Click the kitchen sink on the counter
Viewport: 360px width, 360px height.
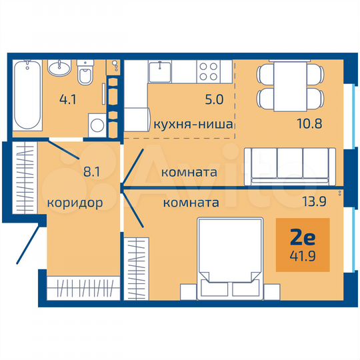pos(161,69)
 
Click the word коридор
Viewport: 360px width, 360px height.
pos(75,203)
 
